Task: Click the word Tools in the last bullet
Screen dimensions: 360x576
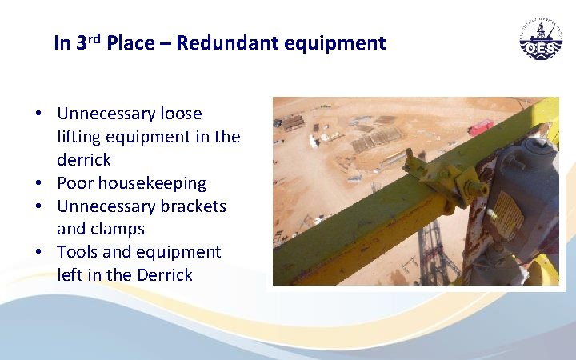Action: coord(76,252)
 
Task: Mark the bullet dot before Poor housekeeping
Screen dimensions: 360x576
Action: coord(38,184)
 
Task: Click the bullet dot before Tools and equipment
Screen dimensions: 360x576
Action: coord(38,253)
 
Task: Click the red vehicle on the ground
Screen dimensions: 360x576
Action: coord(480,126)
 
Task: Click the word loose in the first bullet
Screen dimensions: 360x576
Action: coord(182,114)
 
